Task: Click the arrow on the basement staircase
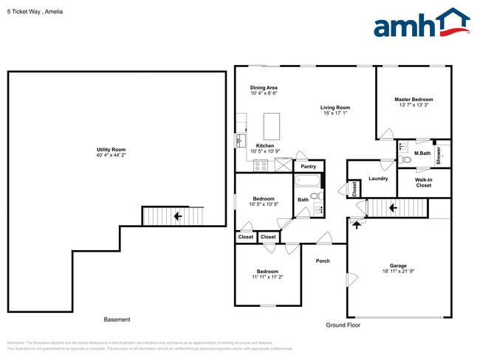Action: pos(177,216)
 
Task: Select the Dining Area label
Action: pos(264,88)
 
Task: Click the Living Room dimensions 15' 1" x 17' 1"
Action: pos(335,113)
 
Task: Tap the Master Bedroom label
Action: pos(413,100)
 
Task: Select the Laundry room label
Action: pos(378,178)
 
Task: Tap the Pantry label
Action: pos(309,167)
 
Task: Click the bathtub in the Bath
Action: pos(306,182)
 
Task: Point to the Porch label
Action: pos(323,260)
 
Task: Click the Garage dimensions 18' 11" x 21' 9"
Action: pos(398,271)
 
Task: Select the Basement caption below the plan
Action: pos(117,319)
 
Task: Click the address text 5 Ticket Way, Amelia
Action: pos(35,11)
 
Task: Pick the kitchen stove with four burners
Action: pos(261,165)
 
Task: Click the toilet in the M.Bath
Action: pos(404,158)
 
